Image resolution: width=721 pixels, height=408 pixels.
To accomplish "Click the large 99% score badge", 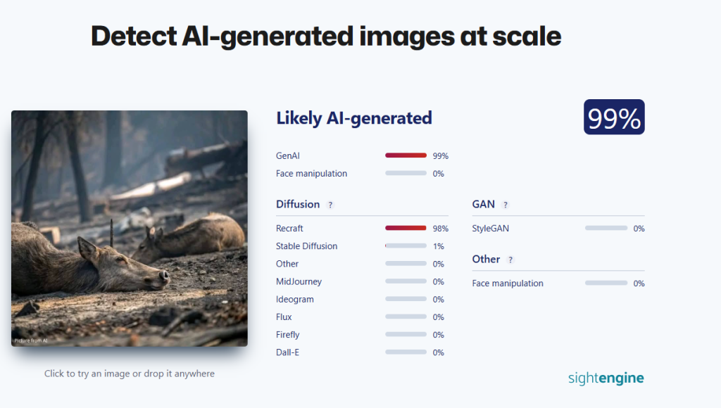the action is point(614,117).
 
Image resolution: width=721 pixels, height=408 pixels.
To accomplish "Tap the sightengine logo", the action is point(606,378).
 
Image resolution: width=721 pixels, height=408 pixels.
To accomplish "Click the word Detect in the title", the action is point(134,36).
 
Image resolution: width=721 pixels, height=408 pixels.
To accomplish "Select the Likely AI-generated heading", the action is point(354,118).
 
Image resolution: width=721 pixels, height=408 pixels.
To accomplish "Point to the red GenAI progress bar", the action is point(406,155).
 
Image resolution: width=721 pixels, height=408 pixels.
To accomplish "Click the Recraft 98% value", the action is point(441,229).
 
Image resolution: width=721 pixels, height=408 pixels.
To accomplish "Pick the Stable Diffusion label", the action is point(307,246).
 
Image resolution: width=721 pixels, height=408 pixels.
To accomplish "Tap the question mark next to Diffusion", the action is point(330,205).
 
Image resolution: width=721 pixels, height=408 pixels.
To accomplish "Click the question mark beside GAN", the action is point(506,205).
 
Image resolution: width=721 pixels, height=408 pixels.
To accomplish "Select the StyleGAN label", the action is point(491,229).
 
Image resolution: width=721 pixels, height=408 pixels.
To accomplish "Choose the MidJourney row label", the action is point(299,281).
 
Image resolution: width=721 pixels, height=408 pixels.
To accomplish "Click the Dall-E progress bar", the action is point(406,352).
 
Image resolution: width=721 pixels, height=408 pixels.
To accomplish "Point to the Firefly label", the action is point(288,335).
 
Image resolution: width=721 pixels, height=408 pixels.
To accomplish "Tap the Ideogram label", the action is point(295,300).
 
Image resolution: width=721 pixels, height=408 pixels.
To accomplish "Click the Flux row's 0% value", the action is point(438,317).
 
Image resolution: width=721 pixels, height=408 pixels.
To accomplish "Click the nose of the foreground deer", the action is point(164,276).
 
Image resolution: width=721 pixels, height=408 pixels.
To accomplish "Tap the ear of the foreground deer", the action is point(88,248).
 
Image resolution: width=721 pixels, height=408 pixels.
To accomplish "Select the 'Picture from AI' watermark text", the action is point(31,340).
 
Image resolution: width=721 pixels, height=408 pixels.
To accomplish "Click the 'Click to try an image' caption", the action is point(130,374).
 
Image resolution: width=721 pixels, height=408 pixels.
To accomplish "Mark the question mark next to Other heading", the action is point(510,260).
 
